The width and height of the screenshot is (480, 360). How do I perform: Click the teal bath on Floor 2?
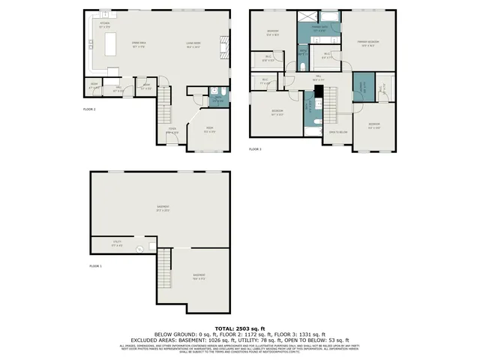[217, 98]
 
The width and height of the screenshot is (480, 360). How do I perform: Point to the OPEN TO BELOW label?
[338, 132]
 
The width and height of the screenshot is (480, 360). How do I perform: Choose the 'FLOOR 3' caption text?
[255, 149]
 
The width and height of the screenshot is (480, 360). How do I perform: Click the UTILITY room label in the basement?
[116, 244]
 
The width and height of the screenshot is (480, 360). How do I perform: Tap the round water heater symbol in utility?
[139, 250]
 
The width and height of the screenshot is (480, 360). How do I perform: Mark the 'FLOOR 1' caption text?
[95, 266]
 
